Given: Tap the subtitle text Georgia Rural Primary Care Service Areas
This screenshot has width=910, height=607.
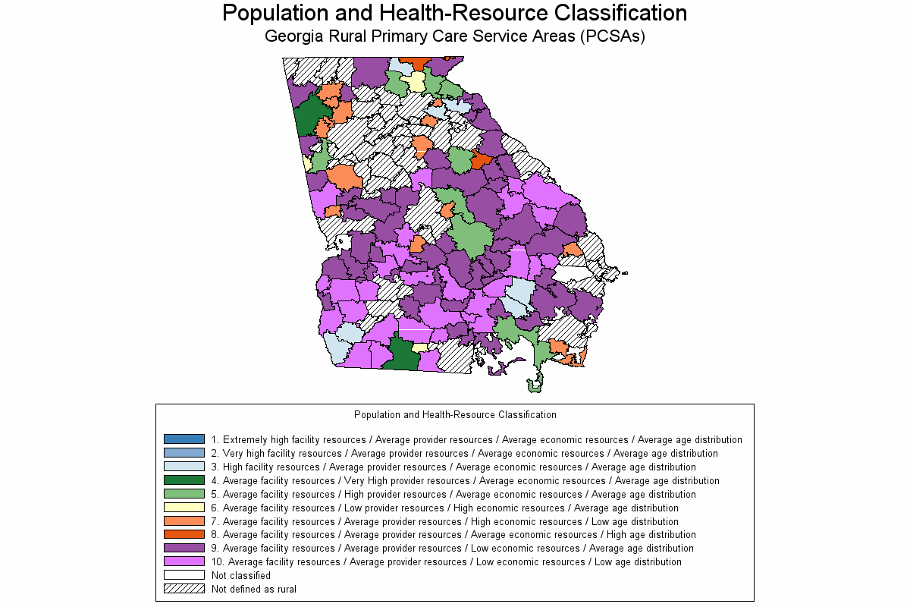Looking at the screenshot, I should pos(454,36).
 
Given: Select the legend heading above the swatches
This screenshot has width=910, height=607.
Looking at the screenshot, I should pos(455,415).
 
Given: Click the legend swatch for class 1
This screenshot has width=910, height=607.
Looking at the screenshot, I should pos(184,439).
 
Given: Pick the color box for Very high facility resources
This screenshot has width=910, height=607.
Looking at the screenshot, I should pos(184,453).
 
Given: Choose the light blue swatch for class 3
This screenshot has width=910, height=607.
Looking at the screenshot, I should pos(184,467).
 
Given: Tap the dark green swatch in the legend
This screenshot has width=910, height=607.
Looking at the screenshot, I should pos(184,480).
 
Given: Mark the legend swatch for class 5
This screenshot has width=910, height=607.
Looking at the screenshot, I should pos(184,494).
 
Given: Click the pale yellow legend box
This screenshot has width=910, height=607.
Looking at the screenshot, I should pos(184,508).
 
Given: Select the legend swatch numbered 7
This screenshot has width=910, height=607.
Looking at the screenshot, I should pos(184,521).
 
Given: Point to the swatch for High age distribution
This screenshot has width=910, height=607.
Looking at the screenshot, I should pos(184,534).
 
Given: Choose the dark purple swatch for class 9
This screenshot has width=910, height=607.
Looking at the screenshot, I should pos(184,548).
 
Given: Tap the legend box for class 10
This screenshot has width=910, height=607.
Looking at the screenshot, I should pos(184,561).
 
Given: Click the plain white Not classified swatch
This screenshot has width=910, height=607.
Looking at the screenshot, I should pos(184,575).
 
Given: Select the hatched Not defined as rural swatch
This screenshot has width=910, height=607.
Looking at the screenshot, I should pos(184,589).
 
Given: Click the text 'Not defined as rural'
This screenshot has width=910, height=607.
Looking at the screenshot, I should pos(253,589).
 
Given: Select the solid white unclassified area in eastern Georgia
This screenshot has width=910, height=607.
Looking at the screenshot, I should pos(573,273).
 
